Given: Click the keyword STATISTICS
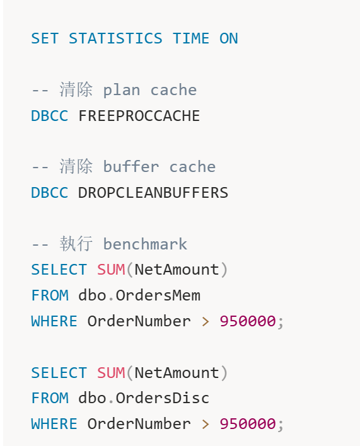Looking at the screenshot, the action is click(x=115, y=38).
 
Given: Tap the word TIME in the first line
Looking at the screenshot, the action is click(x=191, y=38).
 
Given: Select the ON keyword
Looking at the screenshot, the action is click(x=228, y=38).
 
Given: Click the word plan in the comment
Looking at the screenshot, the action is click(x=122, y=91).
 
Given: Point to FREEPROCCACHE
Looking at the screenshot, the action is click(x=139, y=116).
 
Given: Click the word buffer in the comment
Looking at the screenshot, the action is click(x=131, y=167).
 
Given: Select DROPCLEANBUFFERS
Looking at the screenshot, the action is click(x=153, y=193).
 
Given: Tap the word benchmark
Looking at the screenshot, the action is click(x=145, y=244).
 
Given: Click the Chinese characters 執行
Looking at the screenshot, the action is click(x=76, y=244).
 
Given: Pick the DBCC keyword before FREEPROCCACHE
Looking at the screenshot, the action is click(x=50, y=116).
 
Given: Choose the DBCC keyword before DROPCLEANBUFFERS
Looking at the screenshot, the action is click(x=50, y=193).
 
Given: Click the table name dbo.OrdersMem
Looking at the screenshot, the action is click(x=139, y=295).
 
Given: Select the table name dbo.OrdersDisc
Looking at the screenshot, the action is click(x=144, y=398).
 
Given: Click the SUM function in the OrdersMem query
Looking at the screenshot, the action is click(x=111, y=270).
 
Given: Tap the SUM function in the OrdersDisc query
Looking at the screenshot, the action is click(x=111, y=373).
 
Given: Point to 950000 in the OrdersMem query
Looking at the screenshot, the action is click(x=248, y=321).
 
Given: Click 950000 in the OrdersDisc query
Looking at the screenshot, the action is click(x=248, y=424).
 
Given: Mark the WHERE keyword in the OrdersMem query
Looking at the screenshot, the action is click(x=54, y=321).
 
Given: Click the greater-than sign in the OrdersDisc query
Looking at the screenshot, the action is click(x=205, y=424).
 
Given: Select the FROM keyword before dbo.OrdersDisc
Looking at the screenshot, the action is click(x=50, y=398).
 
